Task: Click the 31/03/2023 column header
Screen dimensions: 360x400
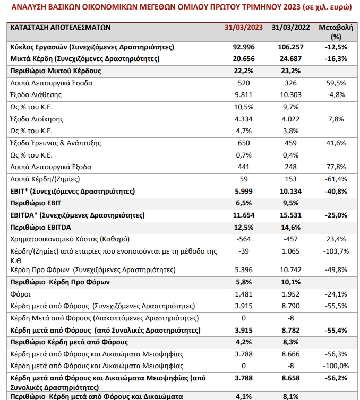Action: click(244, 27)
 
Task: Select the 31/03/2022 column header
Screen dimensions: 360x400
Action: click(290, 27)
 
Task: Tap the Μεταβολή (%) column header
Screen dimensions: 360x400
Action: click(336, 32)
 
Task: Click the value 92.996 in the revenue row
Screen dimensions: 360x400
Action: click(244, 47)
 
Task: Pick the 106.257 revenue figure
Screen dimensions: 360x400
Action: click(290, 47)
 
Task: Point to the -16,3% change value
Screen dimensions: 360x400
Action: click(336, 59)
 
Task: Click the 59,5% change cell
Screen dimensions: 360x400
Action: click(336, 83)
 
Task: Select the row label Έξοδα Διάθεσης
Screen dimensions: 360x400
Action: click(36, 95)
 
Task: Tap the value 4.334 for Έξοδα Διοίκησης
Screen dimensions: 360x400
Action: click(244, 119)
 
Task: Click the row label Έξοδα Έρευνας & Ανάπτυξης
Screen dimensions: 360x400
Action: click(55, 143)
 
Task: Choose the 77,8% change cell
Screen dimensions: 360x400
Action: click(336, 167)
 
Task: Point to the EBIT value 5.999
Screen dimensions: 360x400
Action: click(244, 192)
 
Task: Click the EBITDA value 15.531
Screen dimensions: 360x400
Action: click(290, 215)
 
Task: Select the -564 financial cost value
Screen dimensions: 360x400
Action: click(244, 239)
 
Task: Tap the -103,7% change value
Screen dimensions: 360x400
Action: click(336, 251)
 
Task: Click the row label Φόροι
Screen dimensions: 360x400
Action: click(20, 294)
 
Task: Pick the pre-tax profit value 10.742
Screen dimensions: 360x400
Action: click(290, 270)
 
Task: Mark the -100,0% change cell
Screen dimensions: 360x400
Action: click(336, 366)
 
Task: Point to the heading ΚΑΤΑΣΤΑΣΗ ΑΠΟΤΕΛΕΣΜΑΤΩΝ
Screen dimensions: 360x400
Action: click(60, 27)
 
